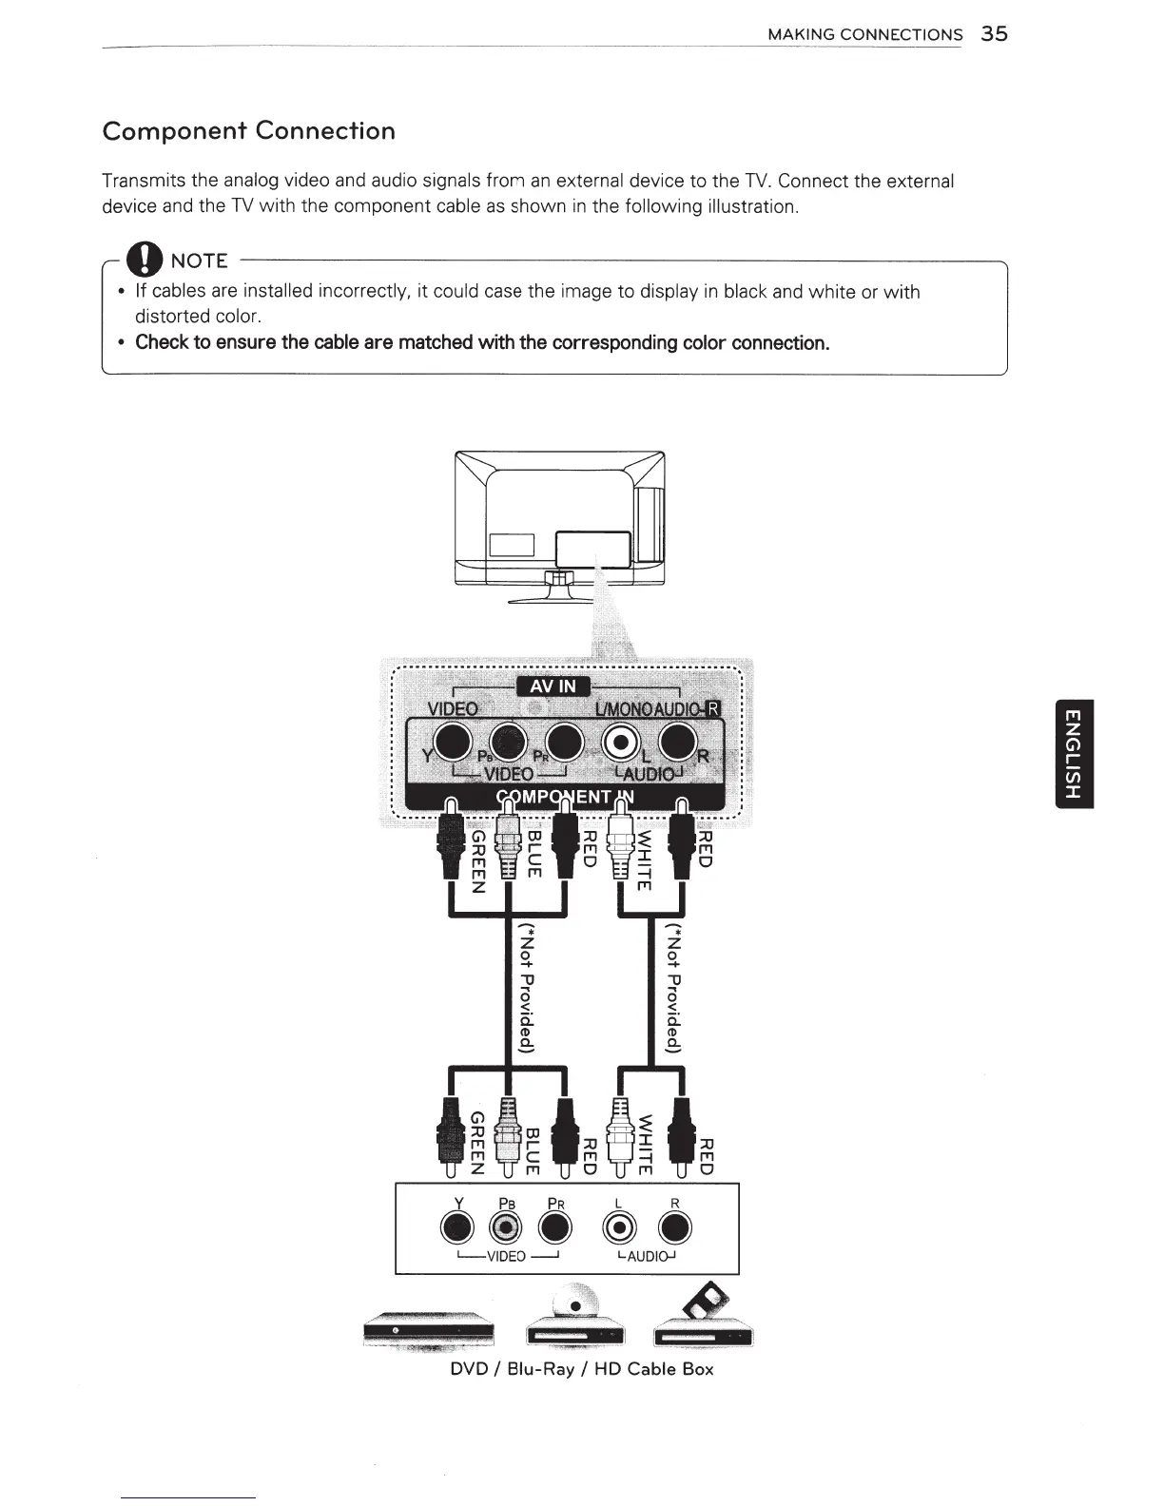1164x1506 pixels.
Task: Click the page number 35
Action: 995,34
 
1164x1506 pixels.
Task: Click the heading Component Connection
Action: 248,131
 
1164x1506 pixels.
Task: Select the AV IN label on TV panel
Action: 553,687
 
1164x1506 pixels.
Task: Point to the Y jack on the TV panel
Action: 453,743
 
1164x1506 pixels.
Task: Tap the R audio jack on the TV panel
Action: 678,743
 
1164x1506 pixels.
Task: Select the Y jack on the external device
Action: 459,1229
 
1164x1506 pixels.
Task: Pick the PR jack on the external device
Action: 554,1229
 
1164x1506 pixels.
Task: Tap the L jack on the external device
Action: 619,1229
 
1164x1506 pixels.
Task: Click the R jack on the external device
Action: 674,1229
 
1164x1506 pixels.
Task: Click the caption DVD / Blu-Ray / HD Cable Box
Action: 581,1369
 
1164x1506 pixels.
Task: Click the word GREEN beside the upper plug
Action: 480,861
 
